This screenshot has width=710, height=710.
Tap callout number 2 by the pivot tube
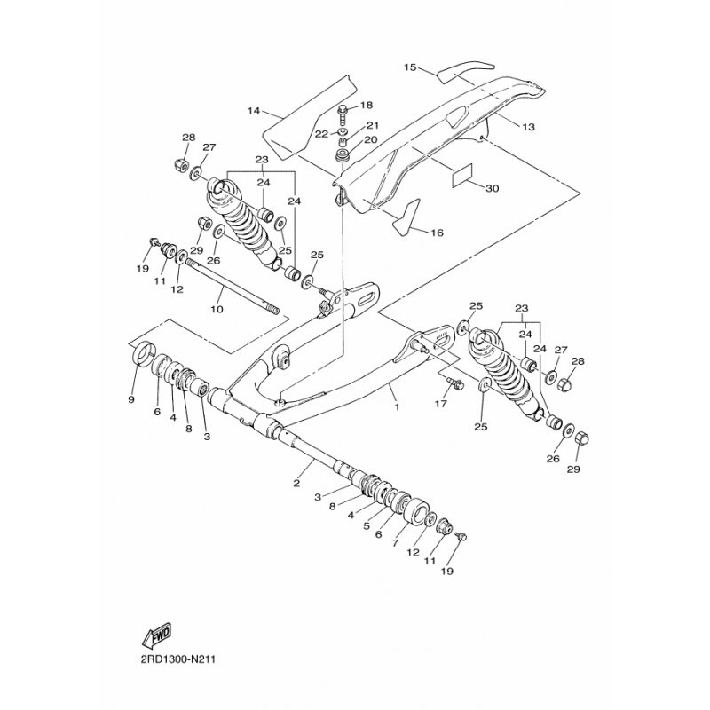pyautogui.click(x=297, y=484)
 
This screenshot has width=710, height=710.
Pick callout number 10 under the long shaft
pyautogui.click(x=217, y=309)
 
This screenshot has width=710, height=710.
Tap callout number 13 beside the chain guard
pyautogui.click(x=528, y=128)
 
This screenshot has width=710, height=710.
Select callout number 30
pyautogui.click(x=493, y=188)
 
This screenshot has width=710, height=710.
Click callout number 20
pyautogui.click(x=371, y=139)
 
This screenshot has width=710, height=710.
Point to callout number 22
pyautogui.click(x=321, y=134)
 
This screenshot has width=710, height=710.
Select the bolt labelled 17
pyautogui.click(x=455, y=384)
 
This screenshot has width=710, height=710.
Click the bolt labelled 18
pyautogui.click(x=343, y=112)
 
